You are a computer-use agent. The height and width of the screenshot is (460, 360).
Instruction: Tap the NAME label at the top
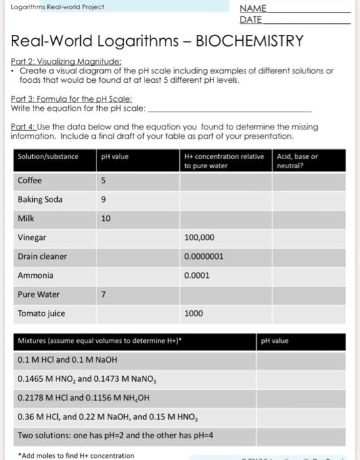pyautogui.click(x=253, y=9)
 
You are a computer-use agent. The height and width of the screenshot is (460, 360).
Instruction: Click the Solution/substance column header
pyautogui.click(x=48, y=157)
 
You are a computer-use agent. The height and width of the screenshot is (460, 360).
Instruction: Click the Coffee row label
pyautogui.click(x=30, y=180)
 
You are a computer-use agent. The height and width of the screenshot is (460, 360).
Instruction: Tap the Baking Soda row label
pyautogui.click(x=40, y=199)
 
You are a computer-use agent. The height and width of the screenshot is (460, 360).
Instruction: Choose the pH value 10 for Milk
pyautogui.click(x=106, y=218)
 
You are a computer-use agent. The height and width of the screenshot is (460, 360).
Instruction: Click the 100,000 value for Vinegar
pyautogui.click(x=200, y=237)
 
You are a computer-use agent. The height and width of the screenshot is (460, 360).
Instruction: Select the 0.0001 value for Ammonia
pyautogui.click(x=197, y=275)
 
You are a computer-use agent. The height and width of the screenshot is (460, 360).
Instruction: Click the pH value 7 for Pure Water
pyautogui.click(x=103, y=294)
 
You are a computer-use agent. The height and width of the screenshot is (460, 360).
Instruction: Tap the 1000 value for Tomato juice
pyautogui.click(x=194, y=313)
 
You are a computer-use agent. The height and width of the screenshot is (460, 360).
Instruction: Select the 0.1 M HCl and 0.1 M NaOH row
pyautogui.click(x=69, y=359)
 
